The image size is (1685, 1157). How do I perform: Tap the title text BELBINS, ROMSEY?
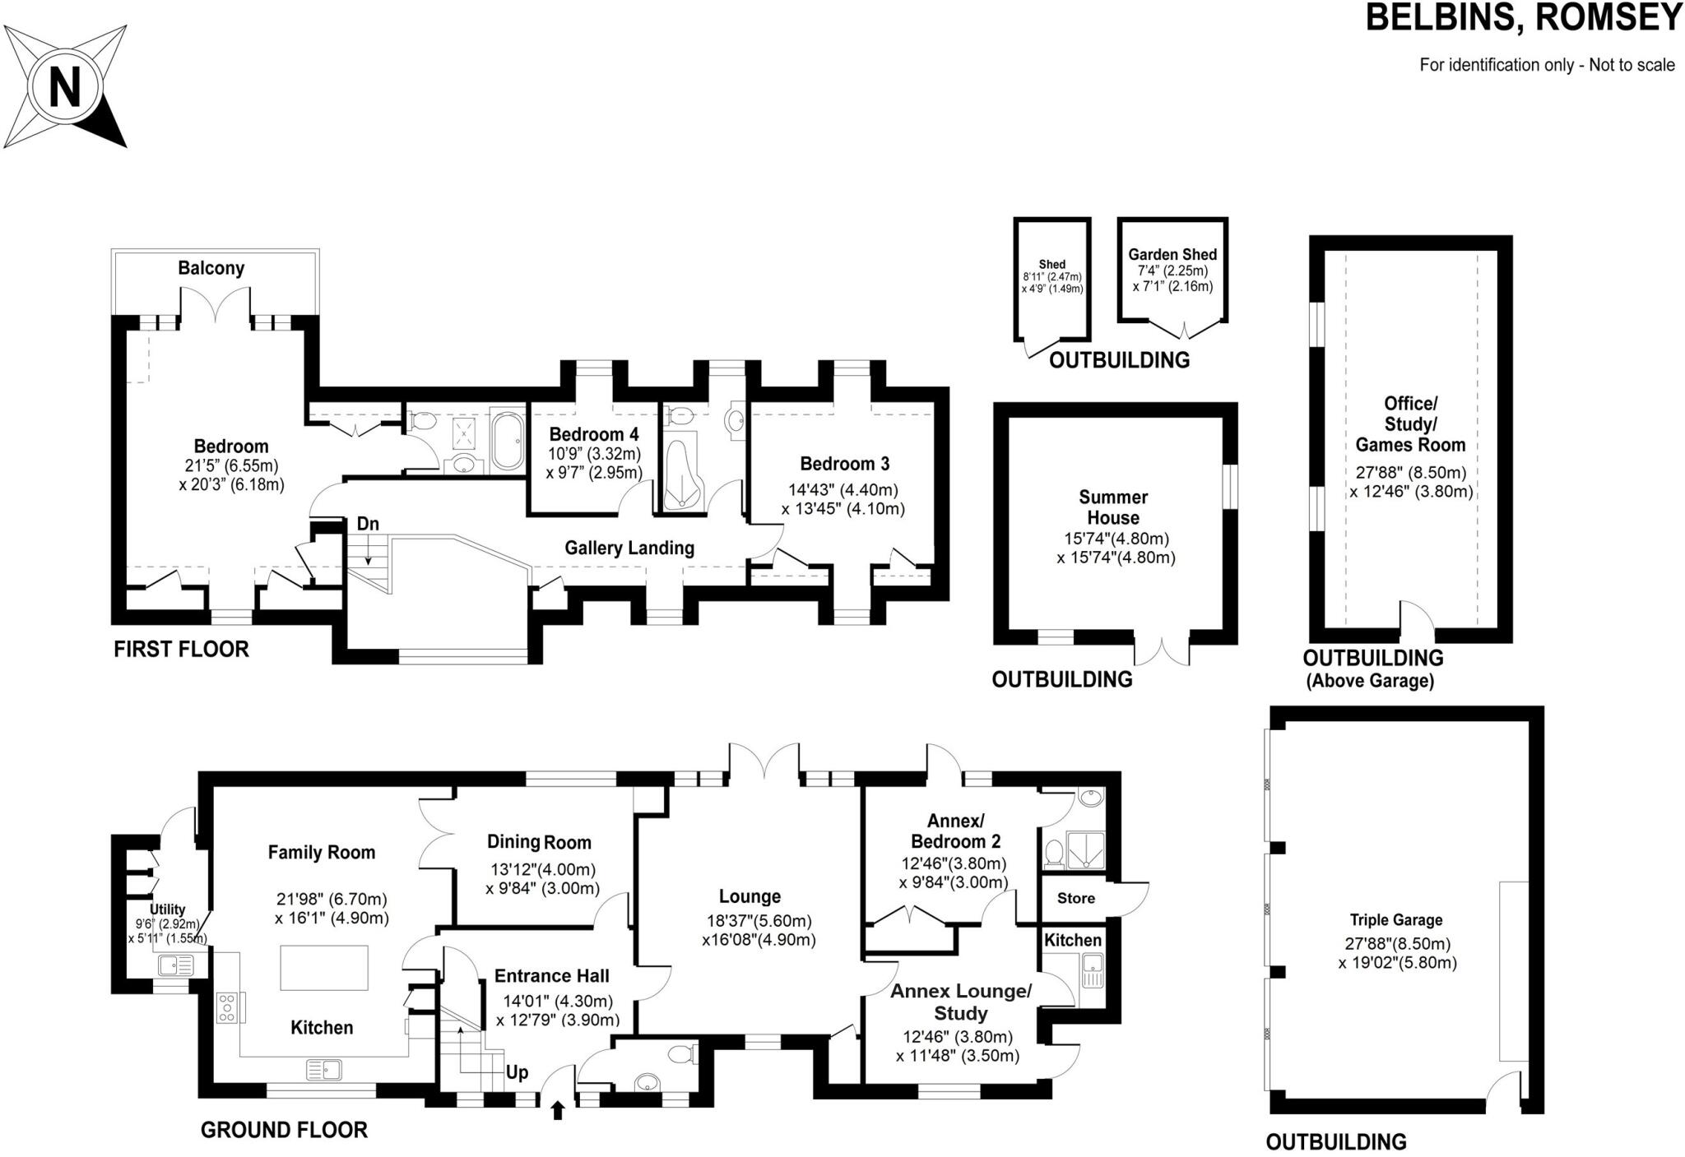(1523, 18)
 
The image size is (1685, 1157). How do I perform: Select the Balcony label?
(211, 268)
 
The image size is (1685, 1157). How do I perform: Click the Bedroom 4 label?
(593, 434)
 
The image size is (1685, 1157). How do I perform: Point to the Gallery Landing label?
(629, 548)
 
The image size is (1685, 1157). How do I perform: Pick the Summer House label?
(1113, 507)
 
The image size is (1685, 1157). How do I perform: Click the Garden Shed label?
(1172, 255)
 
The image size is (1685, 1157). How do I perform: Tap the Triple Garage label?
(1396, 920)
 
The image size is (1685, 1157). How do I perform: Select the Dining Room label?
(539, 842)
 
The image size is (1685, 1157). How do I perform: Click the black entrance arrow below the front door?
(558, 1111)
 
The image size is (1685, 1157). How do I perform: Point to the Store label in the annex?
(1076, 898)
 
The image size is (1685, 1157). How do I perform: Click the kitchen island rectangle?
(324, 968)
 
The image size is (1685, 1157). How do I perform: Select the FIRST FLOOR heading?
(181, 650)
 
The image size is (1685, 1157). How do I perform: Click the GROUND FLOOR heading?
(284, 1130)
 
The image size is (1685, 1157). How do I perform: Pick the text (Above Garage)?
(1371, 681)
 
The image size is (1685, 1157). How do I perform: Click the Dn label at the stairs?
(368, 524)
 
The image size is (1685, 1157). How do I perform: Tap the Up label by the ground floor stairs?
(517, 1072)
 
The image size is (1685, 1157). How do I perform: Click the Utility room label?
(167, 909)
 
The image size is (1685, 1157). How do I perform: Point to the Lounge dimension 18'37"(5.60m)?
(759, 921)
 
